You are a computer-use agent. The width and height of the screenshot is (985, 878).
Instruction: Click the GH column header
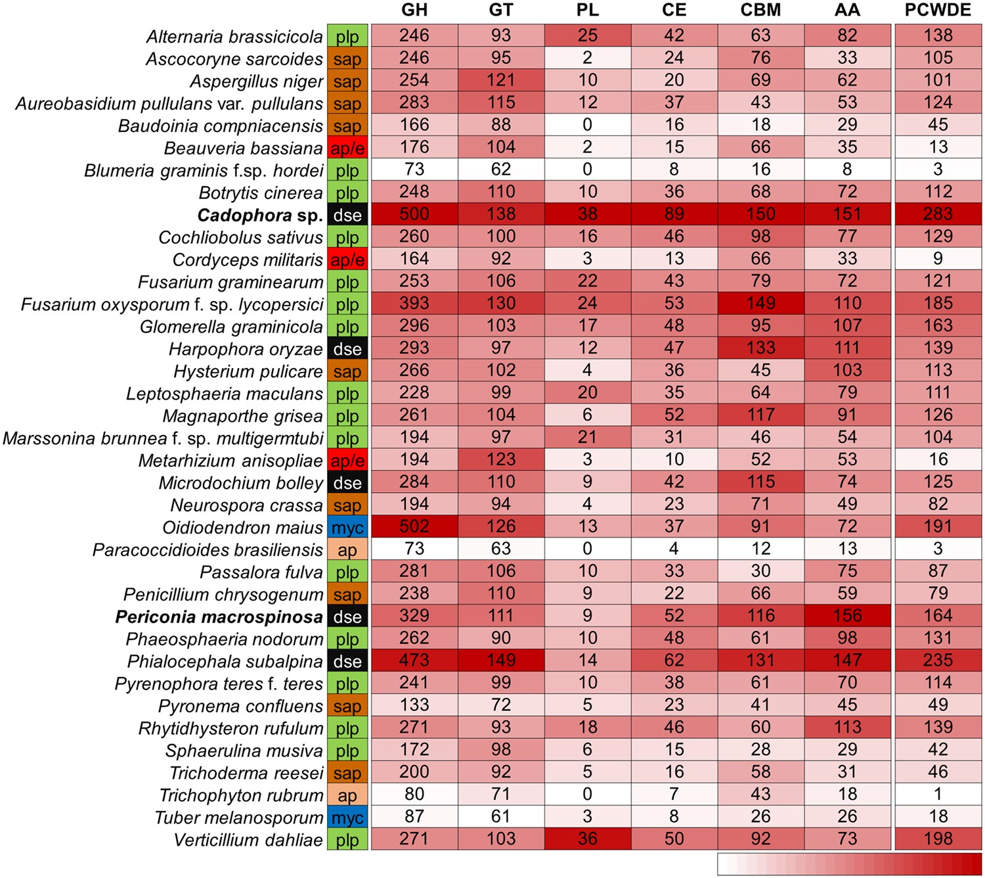(x=414, y=10)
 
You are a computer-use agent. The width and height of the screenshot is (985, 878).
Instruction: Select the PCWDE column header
(x=938, y=10)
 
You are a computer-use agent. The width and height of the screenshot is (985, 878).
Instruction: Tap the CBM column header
(x=760, y=10)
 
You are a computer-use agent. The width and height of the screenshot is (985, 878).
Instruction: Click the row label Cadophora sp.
(x=260, y=215)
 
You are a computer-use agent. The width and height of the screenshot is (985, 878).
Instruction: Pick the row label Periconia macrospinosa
(x=219, y=617)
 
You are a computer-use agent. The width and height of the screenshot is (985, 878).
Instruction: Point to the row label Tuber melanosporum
(x=239, y=818)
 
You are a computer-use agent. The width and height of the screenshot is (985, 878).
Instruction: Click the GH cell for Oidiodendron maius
(x=414, y=527)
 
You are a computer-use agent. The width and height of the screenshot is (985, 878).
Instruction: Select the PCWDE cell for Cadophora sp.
(x=938, y=214)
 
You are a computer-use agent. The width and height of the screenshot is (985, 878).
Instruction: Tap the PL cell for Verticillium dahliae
(x=587, y=839)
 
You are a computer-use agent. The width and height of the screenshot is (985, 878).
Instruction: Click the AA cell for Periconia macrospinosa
(x=847, y=616)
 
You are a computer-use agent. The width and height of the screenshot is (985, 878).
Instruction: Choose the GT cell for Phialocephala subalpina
(x=500, y=660)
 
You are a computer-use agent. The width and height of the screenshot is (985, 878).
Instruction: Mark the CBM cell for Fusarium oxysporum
(x=760, y=304)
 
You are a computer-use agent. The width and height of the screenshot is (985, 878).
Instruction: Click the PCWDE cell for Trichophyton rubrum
(x=938, y=795)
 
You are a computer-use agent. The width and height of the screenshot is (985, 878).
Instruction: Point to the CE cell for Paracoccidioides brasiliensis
(x=674, y=549)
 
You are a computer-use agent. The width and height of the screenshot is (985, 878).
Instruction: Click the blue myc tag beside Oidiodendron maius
(x=347, y=528)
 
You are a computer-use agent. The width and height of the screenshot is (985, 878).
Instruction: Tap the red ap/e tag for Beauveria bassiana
(x=347, y=149)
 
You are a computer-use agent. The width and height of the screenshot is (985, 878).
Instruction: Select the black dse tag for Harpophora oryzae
(x=347, y=349)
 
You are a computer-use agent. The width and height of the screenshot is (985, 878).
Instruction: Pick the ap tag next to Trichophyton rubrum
(x=347, y=796)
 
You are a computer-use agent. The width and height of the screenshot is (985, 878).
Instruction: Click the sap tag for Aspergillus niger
(x=347, y=81)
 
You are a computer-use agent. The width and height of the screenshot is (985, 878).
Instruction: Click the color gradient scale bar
(x=850, y=864)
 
